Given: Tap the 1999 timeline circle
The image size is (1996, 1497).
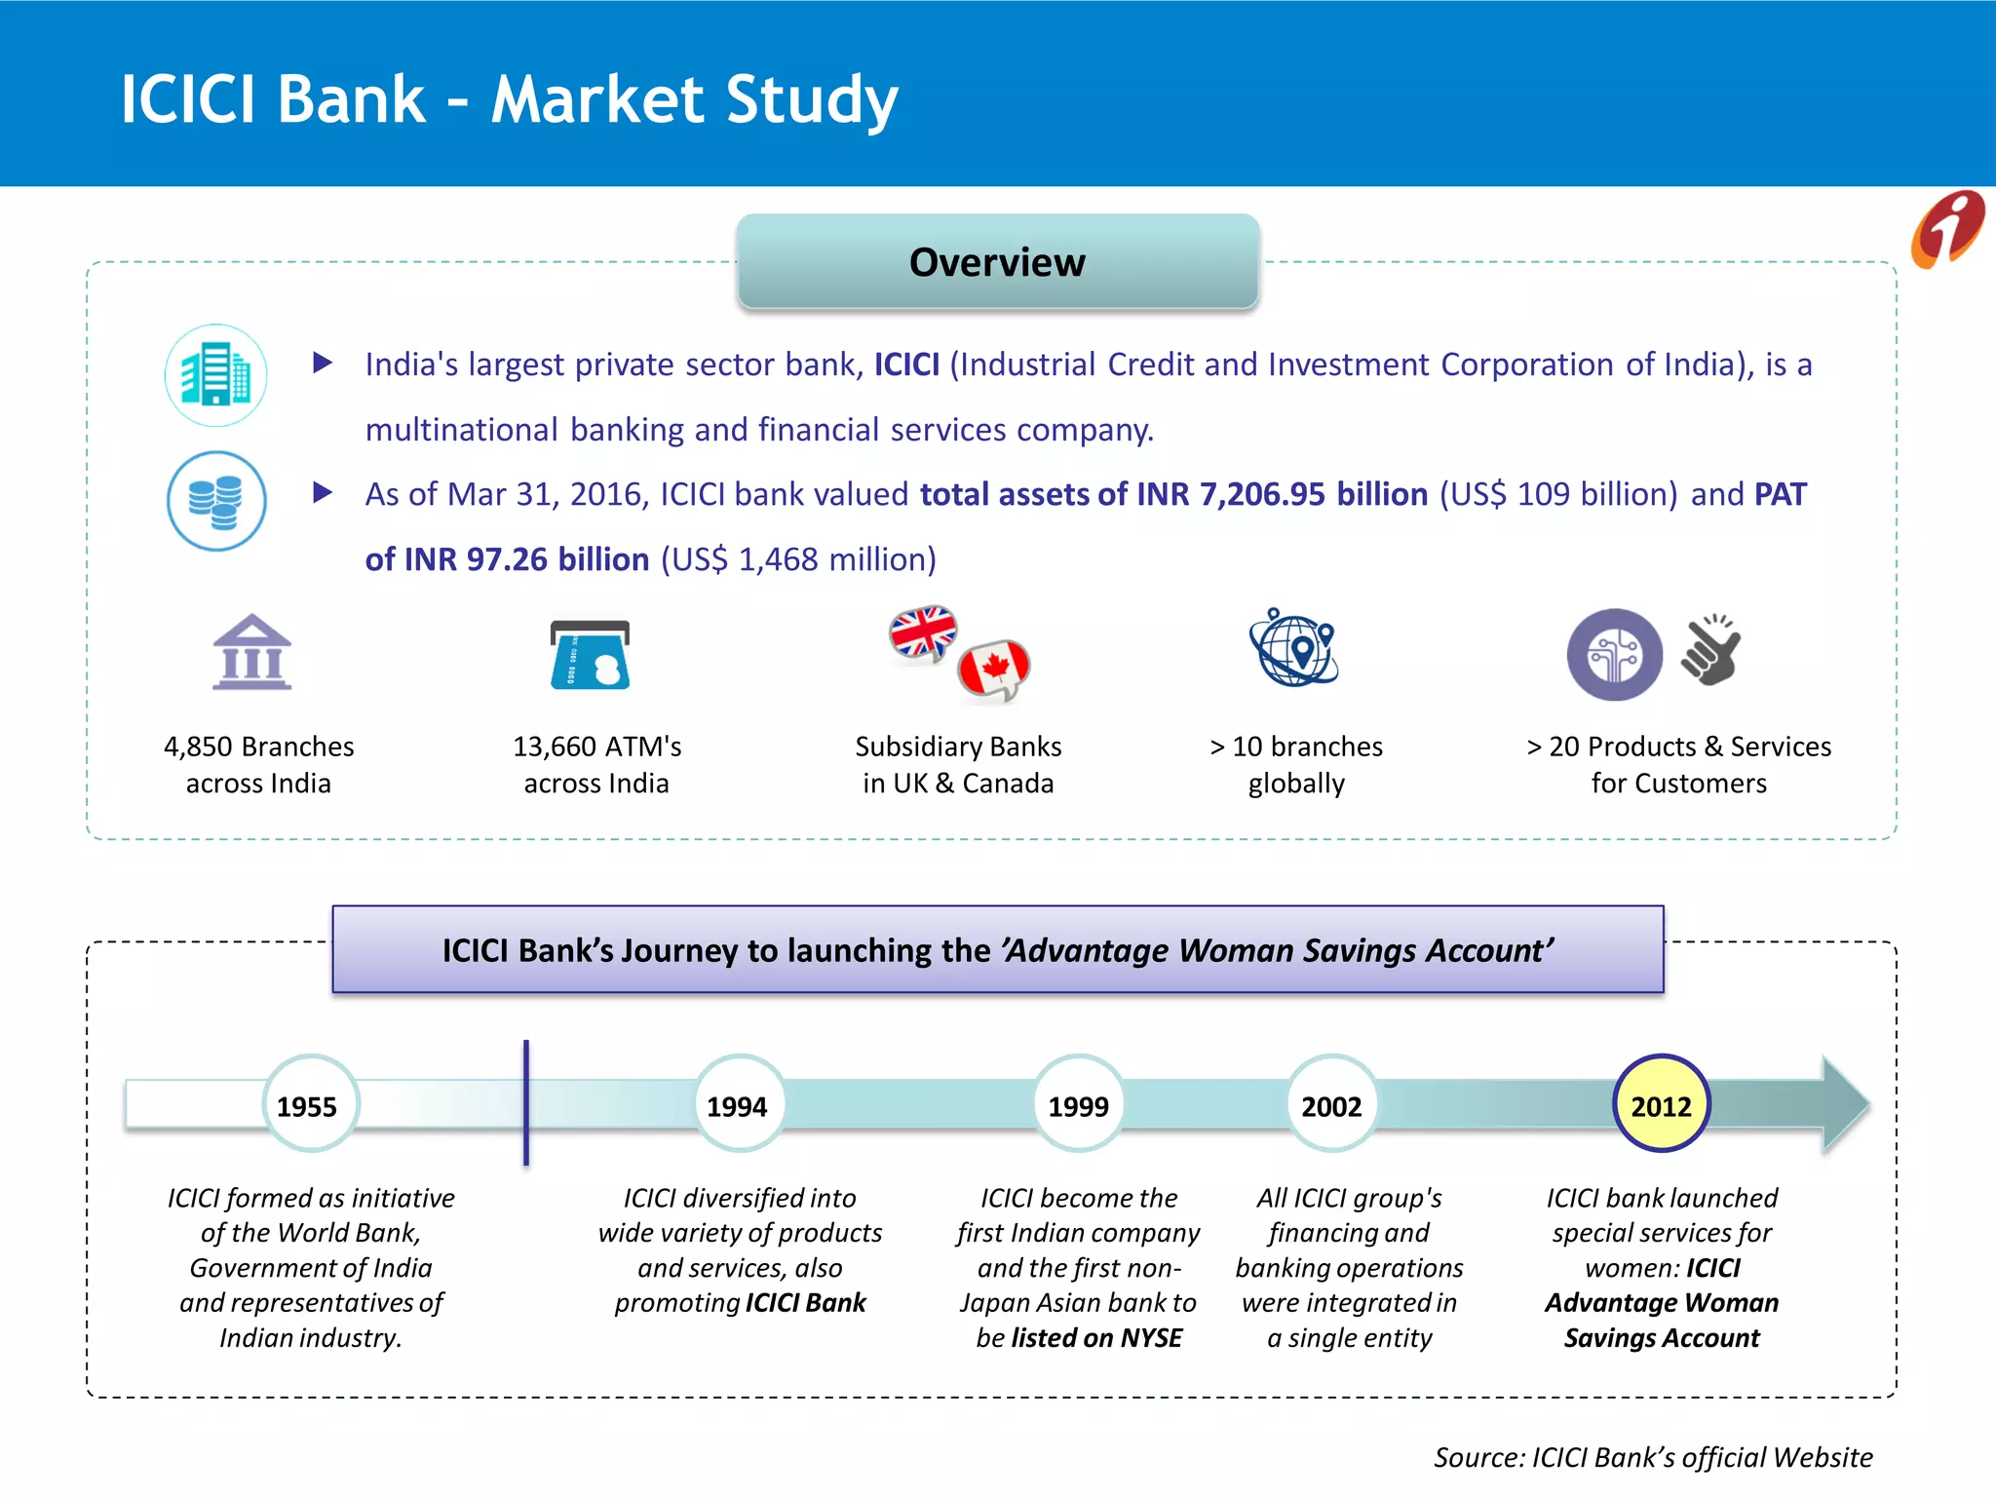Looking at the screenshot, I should tap(1079, 1104).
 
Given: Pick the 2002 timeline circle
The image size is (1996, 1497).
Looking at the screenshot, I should tap(1331, 1104).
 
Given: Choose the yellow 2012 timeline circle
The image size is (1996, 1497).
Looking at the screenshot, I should tap(1661, 1104).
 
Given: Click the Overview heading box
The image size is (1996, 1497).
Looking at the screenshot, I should tap(997, 262).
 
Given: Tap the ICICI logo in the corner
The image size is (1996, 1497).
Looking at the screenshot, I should tap(1946, 230).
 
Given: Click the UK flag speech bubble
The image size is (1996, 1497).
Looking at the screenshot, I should tap(922, 633).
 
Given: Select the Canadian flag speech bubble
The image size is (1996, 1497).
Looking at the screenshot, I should tap(994, 670).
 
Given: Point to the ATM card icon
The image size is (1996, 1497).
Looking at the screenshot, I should tap(591, 655).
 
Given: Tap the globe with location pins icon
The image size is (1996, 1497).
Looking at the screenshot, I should tap(1294, 647).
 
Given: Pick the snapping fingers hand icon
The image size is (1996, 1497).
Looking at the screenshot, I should tap(1711, 651).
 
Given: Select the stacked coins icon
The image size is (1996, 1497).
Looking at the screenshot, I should tap(216, 501).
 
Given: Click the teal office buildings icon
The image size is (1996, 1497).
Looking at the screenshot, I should tap(215, 375).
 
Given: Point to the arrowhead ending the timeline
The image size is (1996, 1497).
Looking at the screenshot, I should tap(1844, 1104).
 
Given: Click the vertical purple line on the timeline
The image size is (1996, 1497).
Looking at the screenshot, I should tap(526, 1102).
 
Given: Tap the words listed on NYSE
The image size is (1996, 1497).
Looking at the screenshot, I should tap(1096, 1338).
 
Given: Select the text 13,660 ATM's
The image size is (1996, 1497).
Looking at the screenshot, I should tap(596, 747).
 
